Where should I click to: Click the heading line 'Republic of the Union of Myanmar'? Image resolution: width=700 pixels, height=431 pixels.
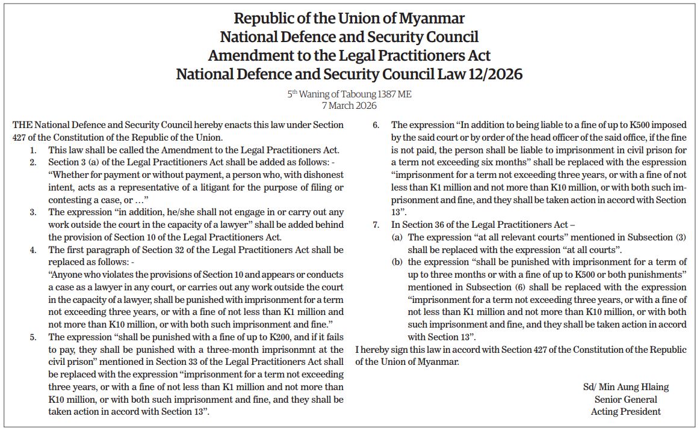(349, 18)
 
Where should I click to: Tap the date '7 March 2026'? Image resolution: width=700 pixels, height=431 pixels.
(349, 106)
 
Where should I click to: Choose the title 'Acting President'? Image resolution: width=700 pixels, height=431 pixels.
(625, 412)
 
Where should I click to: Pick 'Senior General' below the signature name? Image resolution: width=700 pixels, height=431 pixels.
(625, 399)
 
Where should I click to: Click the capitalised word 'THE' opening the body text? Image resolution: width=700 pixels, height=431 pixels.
(22, 125)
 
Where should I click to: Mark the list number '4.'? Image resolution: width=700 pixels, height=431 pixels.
(34, 249)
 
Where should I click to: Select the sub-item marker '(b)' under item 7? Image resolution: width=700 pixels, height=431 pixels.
(397, 262)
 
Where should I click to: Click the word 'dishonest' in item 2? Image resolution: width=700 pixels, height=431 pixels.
(324, 174)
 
